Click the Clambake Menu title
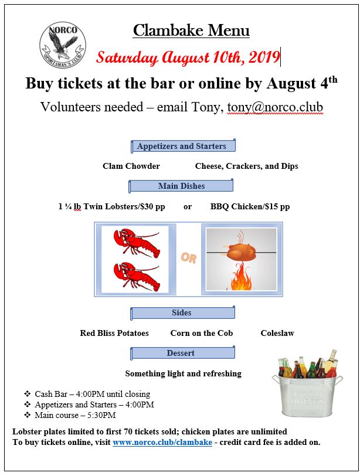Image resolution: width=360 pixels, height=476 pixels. click(x=191, y=30)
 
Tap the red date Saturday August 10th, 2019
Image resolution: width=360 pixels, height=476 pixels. click(x=188, y=58)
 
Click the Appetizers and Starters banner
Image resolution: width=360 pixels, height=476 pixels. click(x=181, y=147)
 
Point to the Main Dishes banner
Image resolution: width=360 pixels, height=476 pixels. click(x=181, y=186)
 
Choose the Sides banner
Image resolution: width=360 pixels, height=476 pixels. click(x=182, y=313)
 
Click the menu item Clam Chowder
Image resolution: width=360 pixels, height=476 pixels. click(x=131, y=166)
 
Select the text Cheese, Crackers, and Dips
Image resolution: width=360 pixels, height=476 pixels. click(x=246, y=166)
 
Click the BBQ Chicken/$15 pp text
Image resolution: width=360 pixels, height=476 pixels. click(x=250, y=206)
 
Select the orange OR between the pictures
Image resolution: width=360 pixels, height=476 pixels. click(x=189, y=258)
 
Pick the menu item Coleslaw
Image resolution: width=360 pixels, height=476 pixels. click(x=277, y=333)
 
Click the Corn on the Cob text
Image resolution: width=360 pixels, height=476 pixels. click(x=202, y=333)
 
